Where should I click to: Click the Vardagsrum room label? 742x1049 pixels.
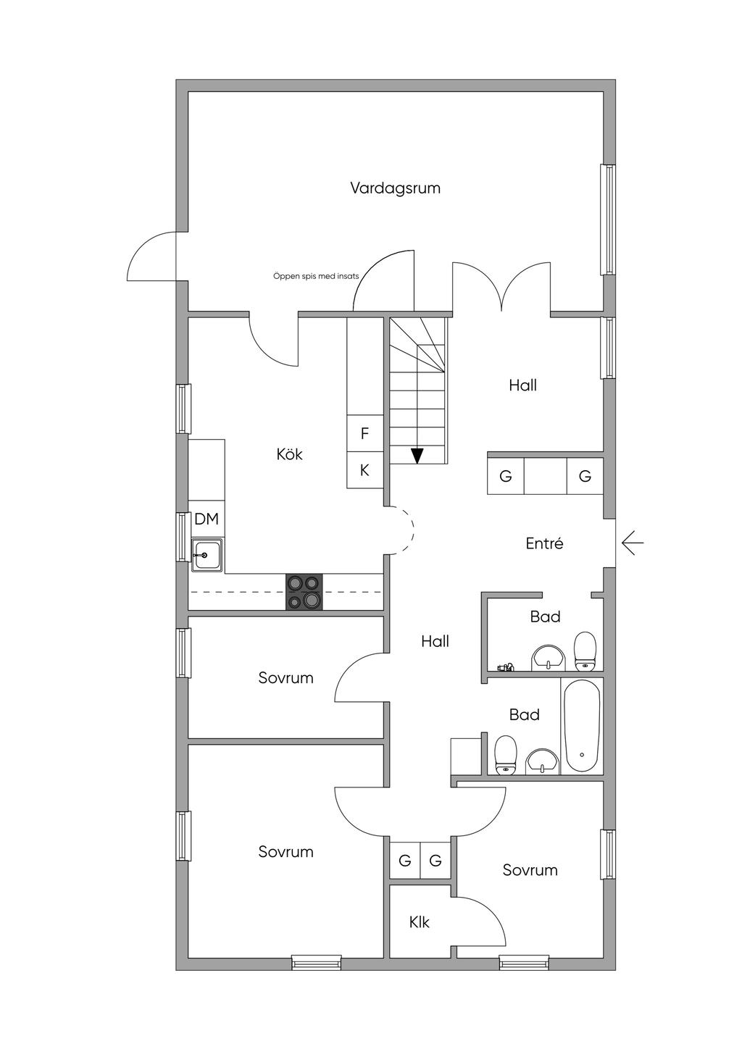pos(395,188)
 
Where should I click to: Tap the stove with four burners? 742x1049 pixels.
pos(304,592)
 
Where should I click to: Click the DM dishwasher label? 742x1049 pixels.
pos(207,519)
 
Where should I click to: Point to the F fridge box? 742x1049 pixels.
pos(365,434)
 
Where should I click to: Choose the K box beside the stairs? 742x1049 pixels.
pos(365,470)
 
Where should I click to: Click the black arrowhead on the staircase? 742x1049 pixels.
pos(417,455)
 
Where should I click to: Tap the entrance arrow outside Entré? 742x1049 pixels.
pos(632,543)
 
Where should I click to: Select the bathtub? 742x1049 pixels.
pos(582,725)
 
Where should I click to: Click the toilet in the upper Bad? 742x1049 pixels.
pos(585,650)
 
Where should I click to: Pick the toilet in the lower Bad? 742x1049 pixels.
pos(505,755)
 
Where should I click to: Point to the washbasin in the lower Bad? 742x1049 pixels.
pos(542,761)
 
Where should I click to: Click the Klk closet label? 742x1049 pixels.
pos(420,922)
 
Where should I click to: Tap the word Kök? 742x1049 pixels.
pos(289,454)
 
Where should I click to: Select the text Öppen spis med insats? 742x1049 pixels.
pos(316,276)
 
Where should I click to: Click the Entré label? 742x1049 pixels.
pos(544,543)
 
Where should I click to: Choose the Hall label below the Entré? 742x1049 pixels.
pos(435,641)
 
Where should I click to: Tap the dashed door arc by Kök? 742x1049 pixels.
pos(403,531)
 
